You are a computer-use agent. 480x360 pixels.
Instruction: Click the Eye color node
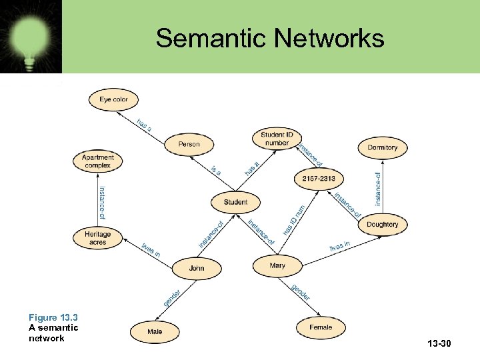coord(113,100)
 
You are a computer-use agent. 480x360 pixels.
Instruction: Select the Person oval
coord(189,144)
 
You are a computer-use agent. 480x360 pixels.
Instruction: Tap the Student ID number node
coord(276,139)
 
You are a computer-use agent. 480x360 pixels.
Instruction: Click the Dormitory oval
coord(382,147)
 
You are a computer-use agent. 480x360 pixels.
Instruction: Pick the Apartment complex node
coord(97,161)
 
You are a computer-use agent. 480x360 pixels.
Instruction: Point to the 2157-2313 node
coord(319,179)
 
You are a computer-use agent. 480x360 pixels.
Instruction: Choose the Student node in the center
coord(235,202)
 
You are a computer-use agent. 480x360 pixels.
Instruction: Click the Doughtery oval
coord(382,224)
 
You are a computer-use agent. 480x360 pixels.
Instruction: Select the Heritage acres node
coord(97,238)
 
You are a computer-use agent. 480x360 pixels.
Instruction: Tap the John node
coord(197,268)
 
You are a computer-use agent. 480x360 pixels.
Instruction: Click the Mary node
coord(277,265)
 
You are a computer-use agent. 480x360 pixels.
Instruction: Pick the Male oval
coord(155,330)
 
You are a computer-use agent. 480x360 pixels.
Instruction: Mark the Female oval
coord(321,327)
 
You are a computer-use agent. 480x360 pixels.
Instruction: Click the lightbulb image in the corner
coord(31,37)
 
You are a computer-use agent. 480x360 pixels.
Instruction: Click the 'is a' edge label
coord(216,171)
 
